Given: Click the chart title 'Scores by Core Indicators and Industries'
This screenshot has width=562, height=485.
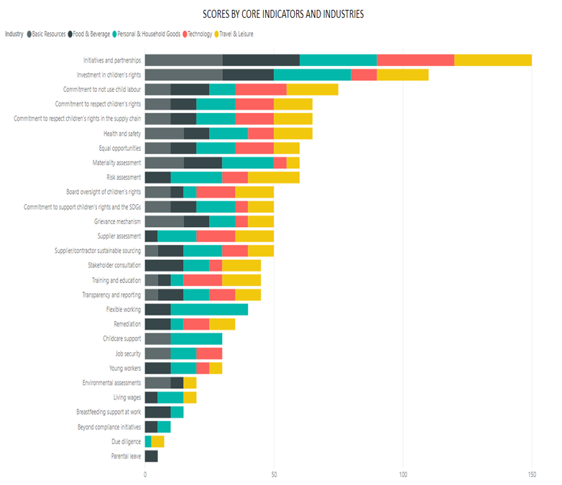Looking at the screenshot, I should tap(282, 14).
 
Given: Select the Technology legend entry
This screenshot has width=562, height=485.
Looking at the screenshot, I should tap(204, 34).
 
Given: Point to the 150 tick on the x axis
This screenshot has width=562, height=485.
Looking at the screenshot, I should tap(532, 475).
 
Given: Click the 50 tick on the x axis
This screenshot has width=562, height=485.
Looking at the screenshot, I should tap(274, 475).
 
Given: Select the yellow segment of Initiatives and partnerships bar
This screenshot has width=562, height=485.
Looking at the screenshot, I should tap(493, 60).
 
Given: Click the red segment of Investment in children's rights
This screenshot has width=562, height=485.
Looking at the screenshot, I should tap(364, 75).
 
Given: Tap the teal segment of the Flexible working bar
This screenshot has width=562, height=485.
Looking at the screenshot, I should tap(209, 310).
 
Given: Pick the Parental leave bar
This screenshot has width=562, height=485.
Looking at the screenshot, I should tap(151, 456).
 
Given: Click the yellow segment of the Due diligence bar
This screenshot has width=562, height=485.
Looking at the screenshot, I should tap(157, 441).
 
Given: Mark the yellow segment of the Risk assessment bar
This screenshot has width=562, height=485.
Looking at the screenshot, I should tap(274, 177).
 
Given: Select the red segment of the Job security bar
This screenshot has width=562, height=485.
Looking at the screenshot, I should tap(209, 354).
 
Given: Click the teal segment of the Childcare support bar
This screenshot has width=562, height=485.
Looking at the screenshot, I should tap(196, 338).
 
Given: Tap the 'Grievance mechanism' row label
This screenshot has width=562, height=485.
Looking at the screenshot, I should tap(117, 221).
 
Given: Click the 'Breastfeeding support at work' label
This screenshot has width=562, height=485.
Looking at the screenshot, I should tap(109, 412).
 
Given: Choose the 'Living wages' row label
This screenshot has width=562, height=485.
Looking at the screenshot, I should tap(127, 397).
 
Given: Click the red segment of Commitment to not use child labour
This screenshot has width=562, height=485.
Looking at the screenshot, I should tap(261, 89).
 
